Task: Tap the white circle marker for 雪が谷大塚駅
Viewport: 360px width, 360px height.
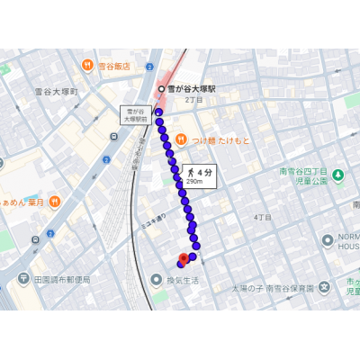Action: pos(161,89)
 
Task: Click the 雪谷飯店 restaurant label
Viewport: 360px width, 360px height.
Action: pos(113,66)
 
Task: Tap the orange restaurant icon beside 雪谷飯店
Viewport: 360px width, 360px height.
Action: pos(87,66)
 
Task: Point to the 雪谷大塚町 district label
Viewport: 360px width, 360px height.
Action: pos(57,92)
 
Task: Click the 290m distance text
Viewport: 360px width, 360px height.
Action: pos(196,181)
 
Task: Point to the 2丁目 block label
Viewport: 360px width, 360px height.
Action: pos(194,101)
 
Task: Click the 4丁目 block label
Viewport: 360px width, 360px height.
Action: pos(262,217)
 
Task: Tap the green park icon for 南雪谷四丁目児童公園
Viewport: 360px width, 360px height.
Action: pos(337,174)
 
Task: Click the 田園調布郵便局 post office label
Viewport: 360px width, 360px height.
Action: pos(62,279)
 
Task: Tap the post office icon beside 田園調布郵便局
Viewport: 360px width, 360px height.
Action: pos(27,279)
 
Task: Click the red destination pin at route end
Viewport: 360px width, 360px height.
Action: pos(183,259)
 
